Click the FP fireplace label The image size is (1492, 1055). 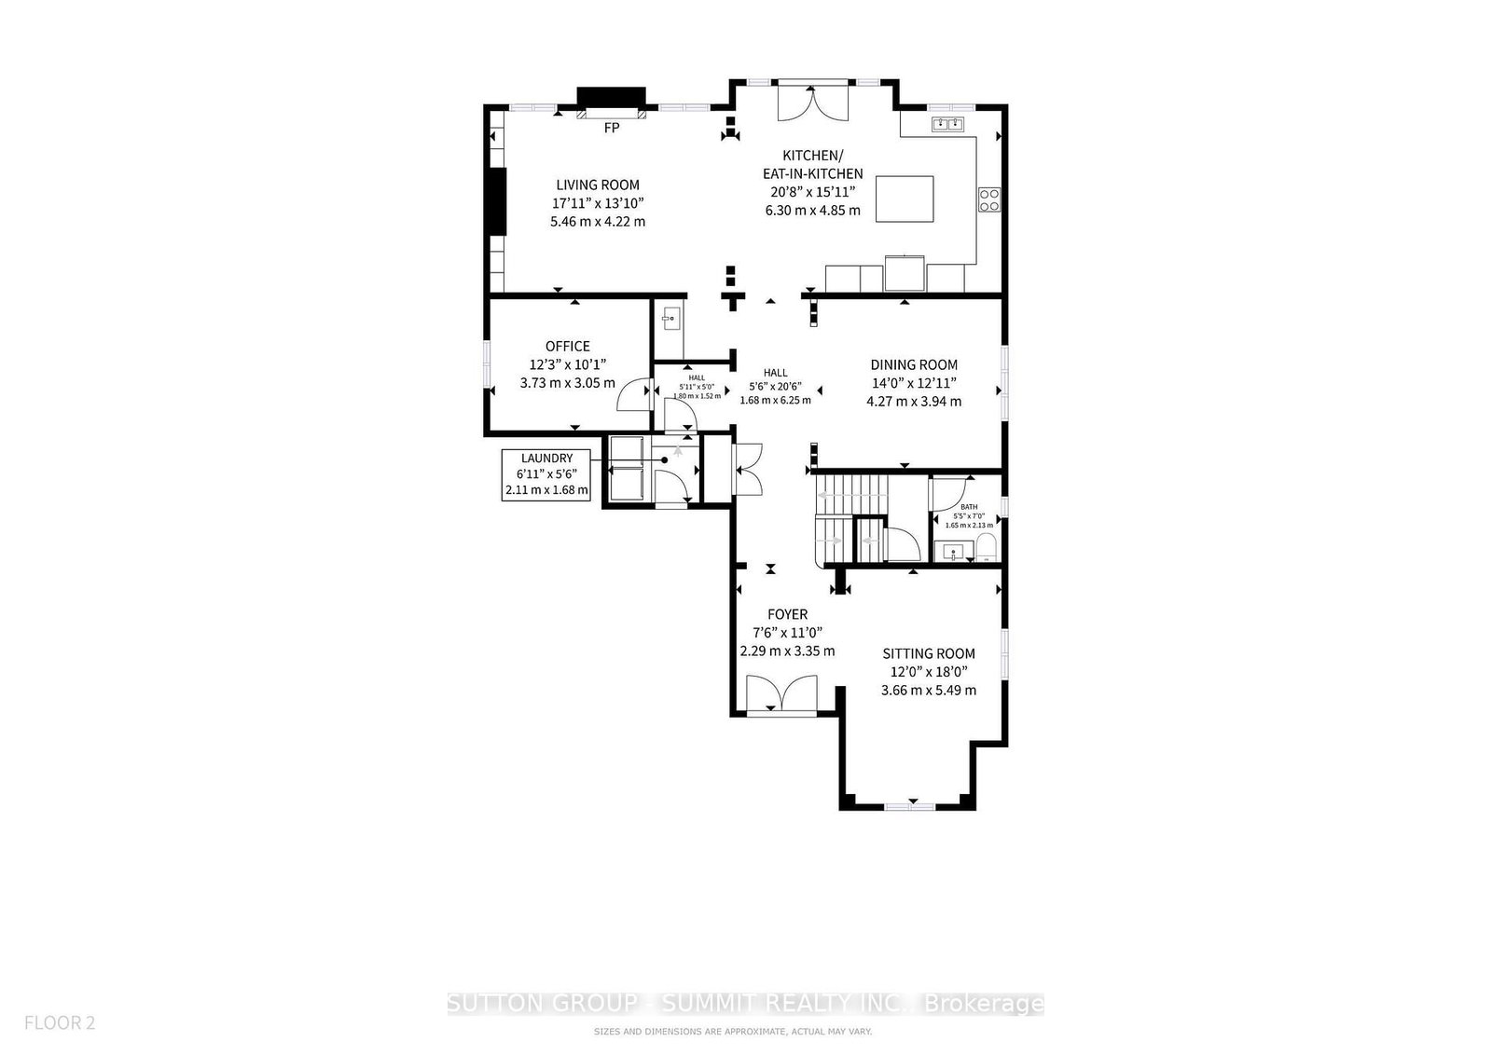point(612,129)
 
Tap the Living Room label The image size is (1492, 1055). point(598,185)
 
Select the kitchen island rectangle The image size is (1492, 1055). point(904,199)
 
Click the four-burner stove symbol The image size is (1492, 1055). point(989,199)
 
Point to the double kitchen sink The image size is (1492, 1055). point(948,124)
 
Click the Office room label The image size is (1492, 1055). point(567,347)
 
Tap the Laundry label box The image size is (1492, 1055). point(546,474)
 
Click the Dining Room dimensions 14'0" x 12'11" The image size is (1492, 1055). point(914,383)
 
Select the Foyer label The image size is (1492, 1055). point(787,615)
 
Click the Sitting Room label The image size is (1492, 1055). point(929,654)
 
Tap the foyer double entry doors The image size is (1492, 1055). point(783,695)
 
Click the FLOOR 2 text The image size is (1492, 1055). point(60,1023)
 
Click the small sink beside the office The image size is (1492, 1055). point(670,320)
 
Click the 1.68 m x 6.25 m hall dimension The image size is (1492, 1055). point(775,400)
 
